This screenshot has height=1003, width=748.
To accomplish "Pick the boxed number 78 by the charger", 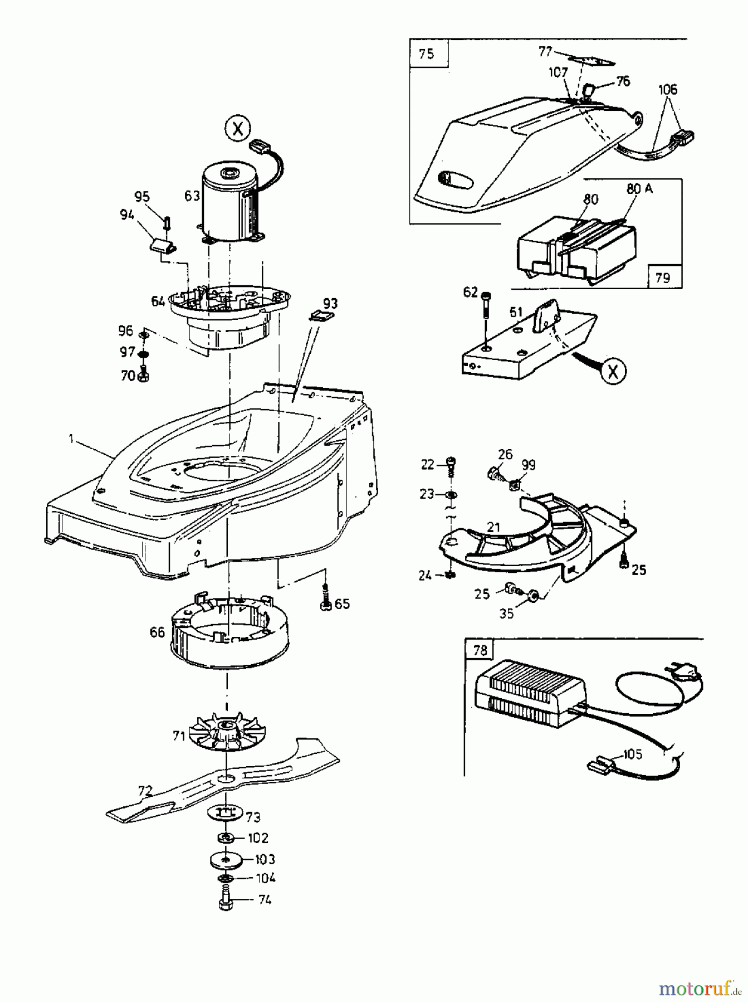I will coord(480,650).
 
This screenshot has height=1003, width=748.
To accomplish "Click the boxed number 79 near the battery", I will coord(663,277).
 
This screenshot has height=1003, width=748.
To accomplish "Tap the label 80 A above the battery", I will coord(639,189).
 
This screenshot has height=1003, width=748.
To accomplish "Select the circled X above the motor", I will coord(238,129).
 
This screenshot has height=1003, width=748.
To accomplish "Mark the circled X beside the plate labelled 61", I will coord(613,371).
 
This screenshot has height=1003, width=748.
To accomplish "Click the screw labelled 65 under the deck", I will coord(326,603).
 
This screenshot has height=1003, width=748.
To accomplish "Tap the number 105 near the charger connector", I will coord(632,754).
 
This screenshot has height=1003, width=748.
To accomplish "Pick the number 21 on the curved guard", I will coord(493,528).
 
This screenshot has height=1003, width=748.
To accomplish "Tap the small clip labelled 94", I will coord(162,243).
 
